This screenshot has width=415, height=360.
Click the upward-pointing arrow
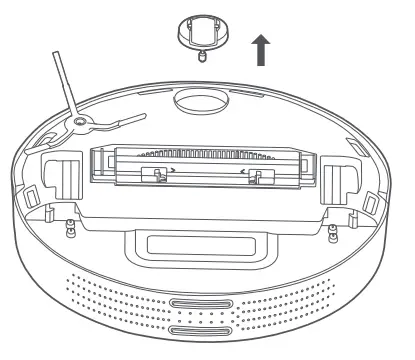[x=262, y=48]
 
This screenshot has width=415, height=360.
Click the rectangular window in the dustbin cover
[x=201, y=244]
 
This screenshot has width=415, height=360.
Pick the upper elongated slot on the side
[x=203, y=305]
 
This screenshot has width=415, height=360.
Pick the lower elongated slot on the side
[x=203, y=330]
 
